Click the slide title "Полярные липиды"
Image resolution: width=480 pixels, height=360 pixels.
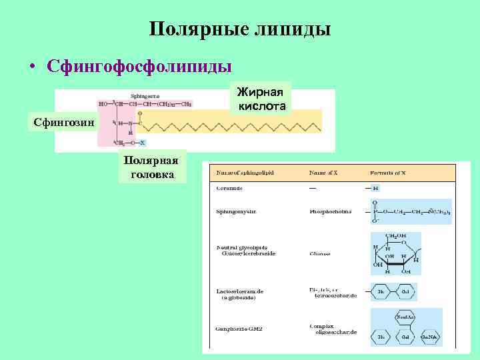(240, 29)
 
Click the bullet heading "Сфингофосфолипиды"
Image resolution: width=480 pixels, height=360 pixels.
(139, 67)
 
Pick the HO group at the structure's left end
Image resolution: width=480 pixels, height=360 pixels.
(103, 104)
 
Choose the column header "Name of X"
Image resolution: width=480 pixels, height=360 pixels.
(324, 173)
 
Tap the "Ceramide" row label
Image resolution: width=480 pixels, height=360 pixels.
(230, 189)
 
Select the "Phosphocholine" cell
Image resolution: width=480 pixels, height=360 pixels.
(330, 211)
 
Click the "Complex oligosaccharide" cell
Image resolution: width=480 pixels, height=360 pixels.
(333, 328)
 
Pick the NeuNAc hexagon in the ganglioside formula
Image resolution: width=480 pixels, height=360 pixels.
(405, 318)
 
